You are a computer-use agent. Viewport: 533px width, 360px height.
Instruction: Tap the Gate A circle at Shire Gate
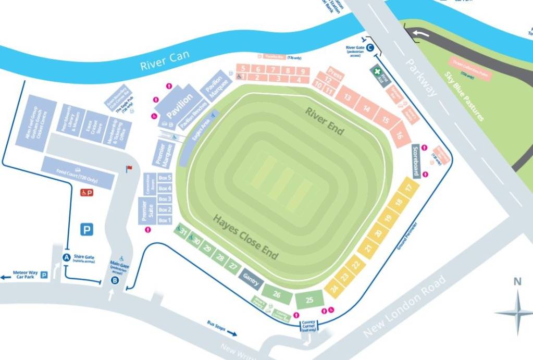click(66, 257)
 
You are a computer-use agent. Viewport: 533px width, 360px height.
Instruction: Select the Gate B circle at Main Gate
click(115, 280)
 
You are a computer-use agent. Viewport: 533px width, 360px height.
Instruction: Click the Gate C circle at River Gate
click(369, 48)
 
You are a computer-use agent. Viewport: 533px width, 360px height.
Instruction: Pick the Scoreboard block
click(416, 161)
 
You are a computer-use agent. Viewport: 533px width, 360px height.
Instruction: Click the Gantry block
click(251, 280)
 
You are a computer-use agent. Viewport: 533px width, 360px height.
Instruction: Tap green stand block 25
click(309, 300)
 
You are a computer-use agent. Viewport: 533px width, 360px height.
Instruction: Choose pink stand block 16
click(400, 136)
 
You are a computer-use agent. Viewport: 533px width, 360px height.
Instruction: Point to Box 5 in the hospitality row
click(165, 178)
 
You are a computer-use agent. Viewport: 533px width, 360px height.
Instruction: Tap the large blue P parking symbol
click(86, 229)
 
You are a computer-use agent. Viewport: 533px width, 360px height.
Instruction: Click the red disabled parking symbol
click(86, 193)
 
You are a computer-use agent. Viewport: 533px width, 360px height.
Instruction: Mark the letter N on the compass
click(517, 282)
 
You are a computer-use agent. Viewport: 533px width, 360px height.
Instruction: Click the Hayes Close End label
click(245, 237)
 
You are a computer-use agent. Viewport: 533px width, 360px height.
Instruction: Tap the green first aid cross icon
click(377, 71)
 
